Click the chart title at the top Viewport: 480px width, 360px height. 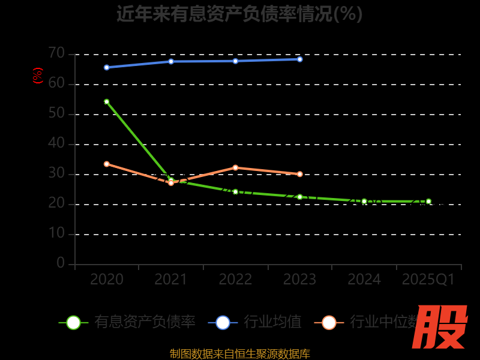point(240,14)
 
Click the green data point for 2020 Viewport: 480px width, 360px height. point(107,101)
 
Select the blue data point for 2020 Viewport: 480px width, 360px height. point(107,67)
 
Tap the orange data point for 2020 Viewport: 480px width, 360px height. point(107,164)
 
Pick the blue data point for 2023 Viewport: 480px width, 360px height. point(300,59)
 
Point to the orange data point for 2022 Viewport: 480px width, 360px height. point(235,167)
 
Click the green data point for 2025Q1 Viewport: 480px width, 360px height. point(428,202)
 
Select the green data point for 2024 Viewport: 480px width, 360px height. point(364,202)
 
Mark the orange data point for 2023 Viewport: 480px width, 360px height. point(300,174)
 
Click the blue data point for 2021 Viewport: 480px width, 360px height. point(171,61)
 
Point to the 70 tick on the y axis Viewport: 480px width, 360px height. point(56,53)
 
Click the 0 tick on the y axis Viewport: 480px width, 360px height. point(61,263)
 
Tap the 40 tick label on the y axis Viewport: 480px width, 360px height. point(56,143)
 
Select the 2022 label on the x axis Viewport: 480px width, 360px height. point(235,280)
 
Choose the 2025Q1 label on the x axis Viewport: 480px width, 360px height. point(428,280)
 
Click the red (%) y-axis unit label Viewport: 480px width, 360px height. point(38,76)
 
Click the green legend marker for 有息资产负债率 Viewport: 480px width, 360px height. point(73,322)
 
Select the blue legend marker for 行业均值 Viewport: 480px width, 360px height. point(223,322)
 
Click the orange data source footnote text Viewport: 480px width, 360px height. point(240,353)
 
